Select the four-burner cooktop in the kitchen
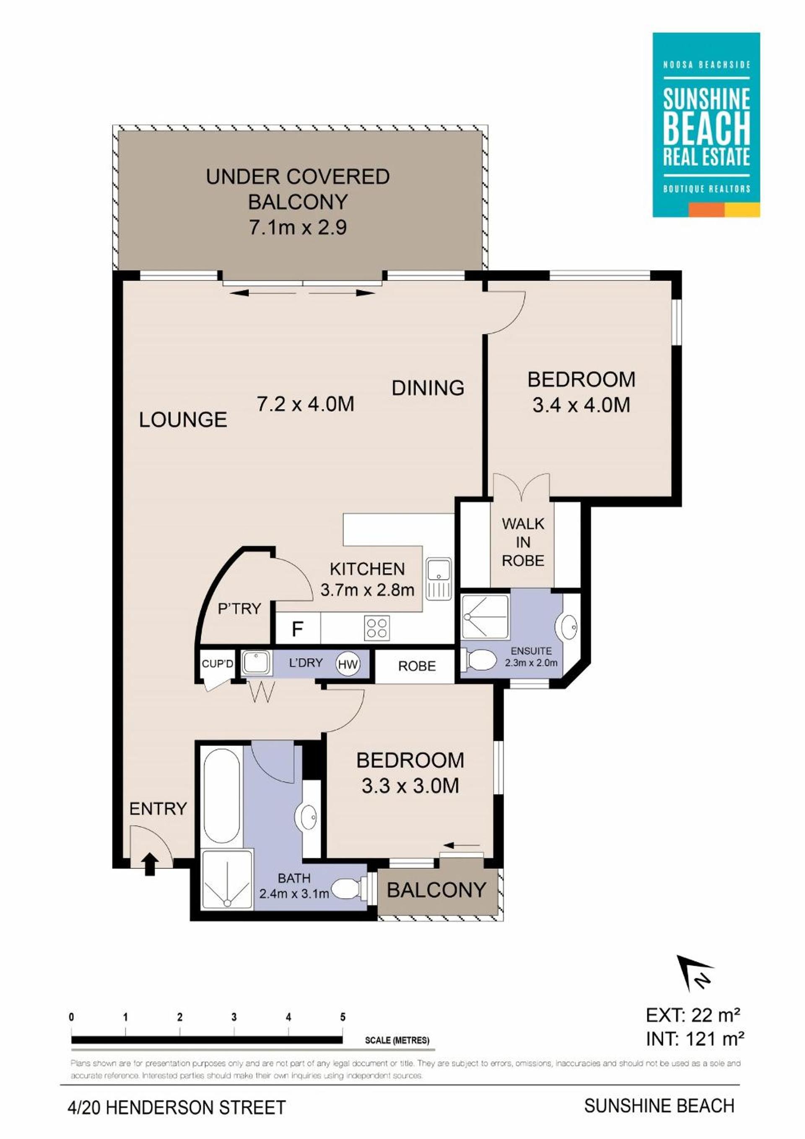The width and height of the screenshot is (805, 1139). pos(377,627)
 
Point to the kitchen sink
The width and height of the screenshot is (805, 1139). pos(438,579)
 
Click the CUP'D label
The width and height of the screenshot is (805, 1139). pos(217,663)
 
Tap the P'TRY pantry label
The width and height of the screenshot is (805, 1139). pos(239,608)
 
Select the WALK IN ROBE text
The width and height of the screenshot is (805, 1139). pos(523,542)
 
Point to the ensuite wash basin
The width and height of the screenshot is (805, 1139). pos(568,626)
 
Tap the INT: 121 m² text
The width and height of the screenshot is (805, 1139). pos(695,1038)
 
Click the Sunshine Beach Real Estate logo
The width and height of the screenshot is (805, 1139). pos(706,125)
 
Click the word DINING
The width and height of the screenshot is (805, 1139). pos(428,388)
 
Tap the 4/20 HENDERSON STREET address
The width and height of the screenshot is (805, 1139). pos(177,1107)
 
